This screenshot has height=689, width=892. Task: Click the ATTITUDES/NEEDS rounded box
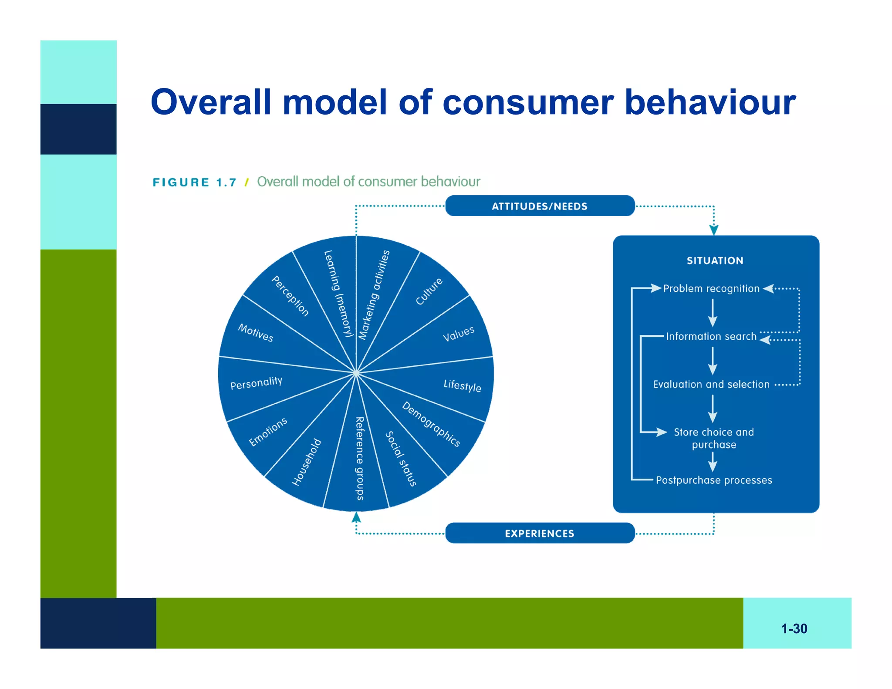[540, 206]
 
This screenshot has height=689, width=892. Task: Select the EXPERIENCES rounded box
[540, 533]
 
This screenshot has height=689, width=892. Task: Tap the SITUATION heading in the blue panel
[715, 260]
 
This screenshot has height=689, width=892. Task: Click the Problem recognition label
[711, 288]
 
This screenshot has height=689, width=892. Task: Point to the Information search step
[711, 336]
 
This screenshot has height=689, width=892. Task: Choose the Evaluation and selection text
[711, 384]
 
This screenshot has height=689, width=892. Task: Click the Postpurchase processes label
[713, 480]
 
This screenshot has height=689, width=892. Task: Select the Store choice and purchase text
[713, 438]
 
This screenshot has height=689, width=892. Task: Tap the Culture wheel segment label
[429, 291]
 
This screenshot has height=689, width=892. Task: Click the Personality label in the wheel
[256, 383]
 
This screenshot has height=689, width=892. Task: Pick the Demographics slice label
[431, 424]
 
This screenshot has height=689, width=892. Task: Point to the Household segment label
[307, 462]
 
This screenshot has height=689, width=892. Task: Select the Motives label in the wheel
[256, 333]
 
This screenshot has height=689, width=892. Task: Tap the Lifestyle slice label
[462, 385]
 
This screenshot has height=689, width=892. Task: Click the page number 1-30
[794, 628]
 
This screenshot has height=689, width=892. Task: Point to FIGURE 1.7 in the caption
[194, 182]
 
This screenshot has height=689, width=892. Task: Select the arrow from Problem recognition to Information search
[713, 313]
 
